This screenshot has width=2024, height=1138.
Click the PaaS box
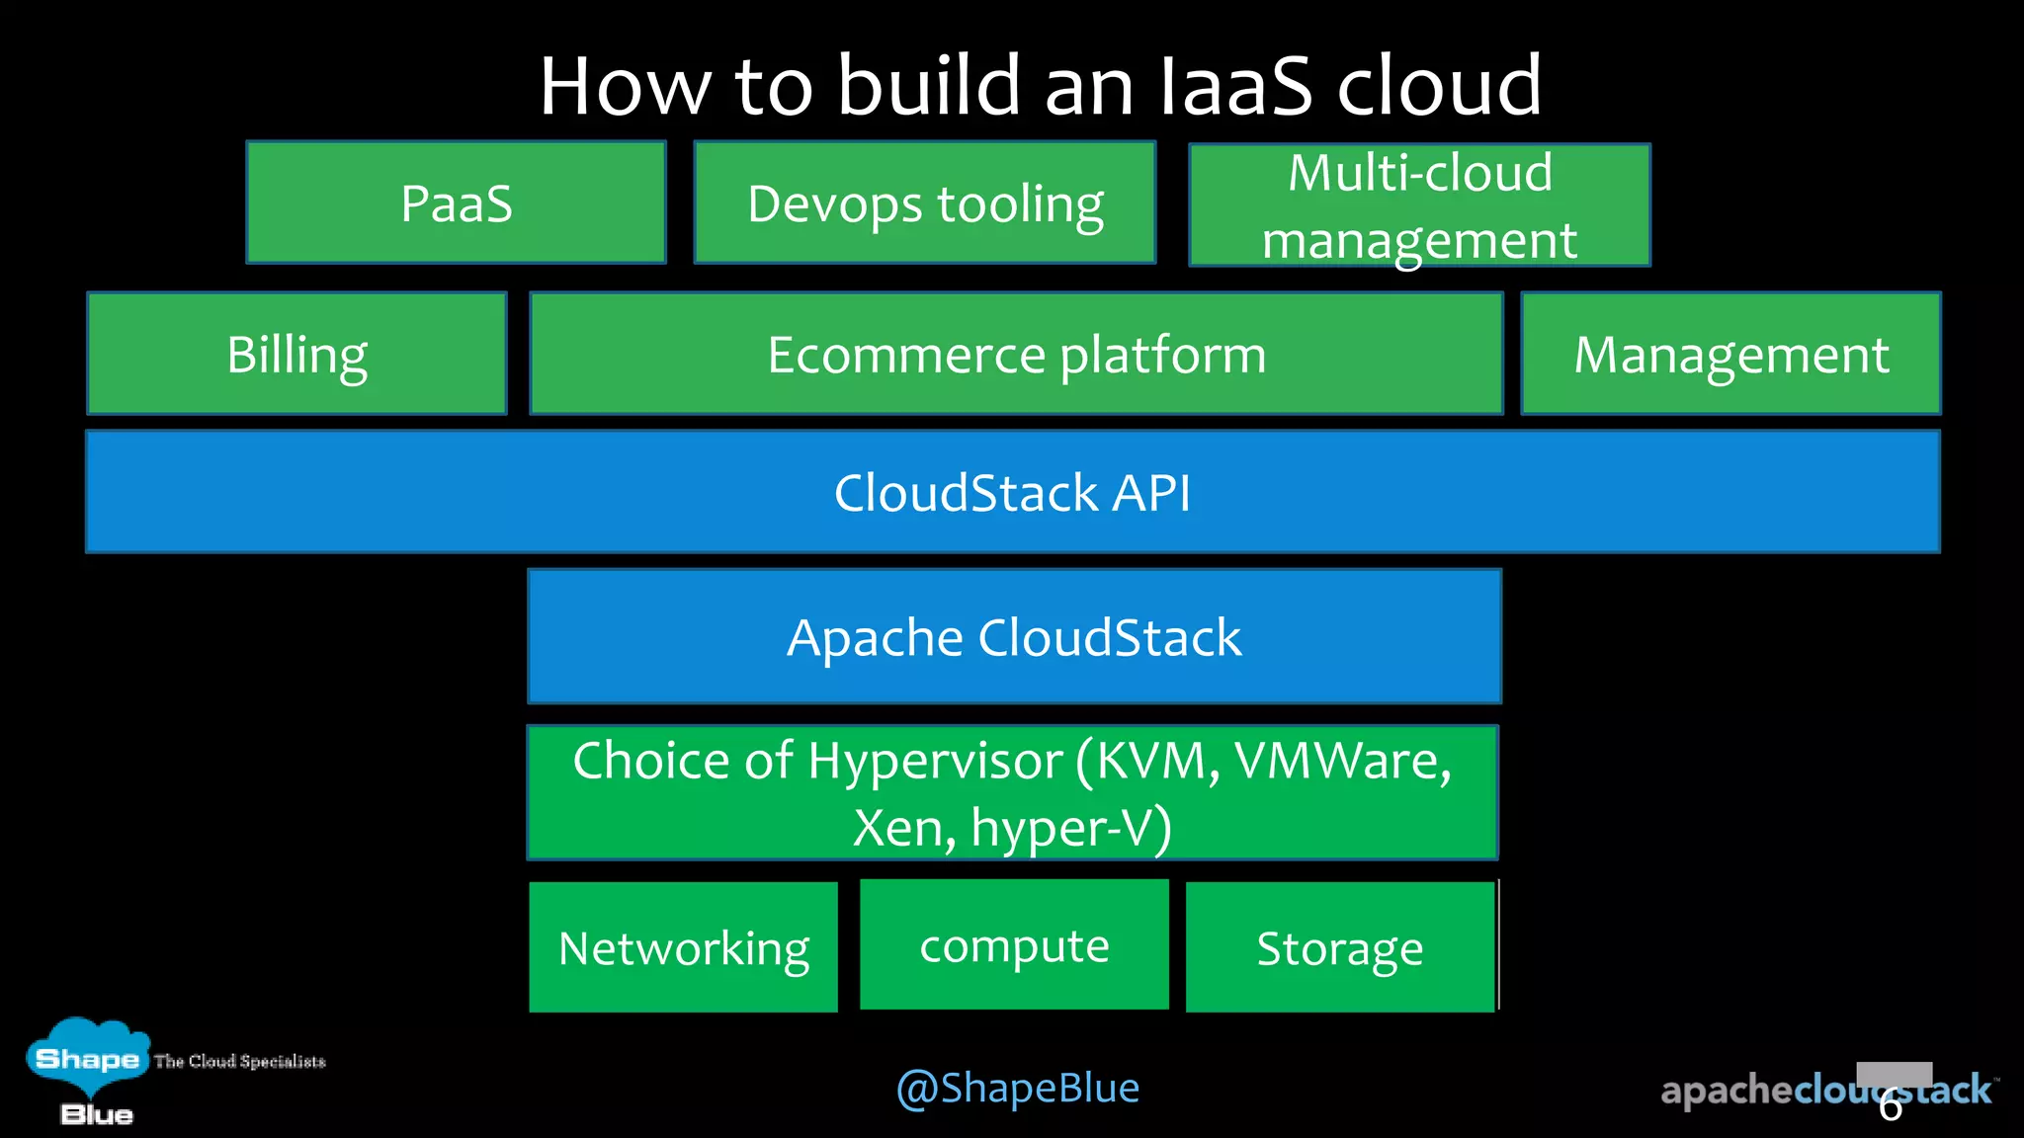click(x=456, y=203)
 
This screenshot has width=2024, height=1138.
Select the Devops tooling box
click(x=925, y=203)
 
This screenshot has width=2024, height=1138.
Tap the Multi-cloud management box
click(x=1419, y=205)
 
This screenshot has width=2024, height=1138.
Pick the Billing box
click(x=296, y=354)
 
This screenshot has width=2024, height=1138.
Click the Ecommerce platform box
click(x=1016, y=354)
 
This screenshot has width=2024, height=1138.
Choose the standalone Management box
click(x=1730, y=354)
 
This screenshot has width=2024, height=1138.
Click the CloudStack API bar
click(x=1012, y=492)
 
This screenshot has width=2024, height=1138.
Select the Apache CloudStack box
click(x=1014, y=636)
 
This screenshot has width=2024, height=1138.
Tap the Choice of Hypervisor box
click(x=1012, y=792)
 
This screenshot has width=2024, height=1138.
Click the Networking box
click(x=683, y=946)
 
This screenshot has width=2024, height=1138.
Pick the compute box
click(x=1014, y=944)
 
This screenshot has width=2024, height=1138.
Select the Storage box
click(x=1339, y=946)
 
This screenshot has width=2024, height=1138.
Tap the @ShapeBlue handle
click(x=1017, y=1088)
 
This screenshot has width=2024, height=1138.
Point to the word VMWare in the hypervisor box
click(x=1341, y=761)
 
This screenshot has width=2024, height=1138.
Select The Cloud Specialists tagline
click(x=240, y=1061)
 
